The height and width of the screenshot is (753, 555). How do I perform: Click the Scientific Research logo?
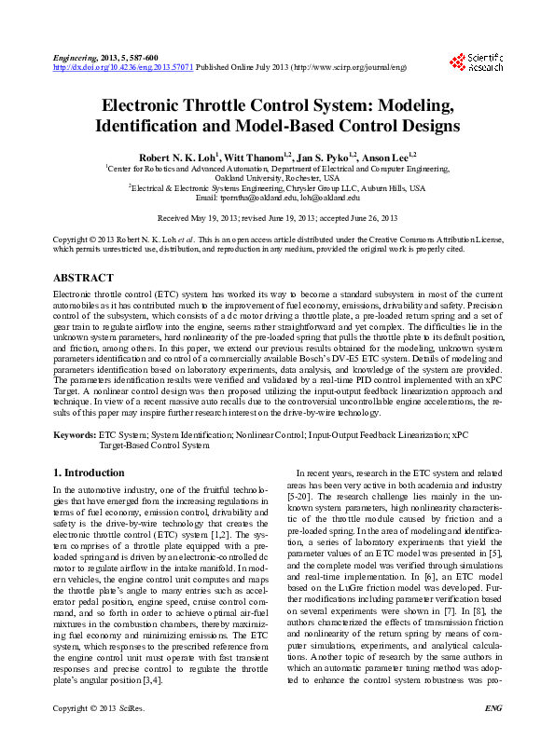click(477, 62)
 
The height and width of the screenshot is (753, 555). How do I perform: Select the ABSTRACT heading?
click(84, 278)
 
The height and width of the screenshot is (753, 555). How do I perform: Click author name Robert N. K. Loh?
click(177, 156)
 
